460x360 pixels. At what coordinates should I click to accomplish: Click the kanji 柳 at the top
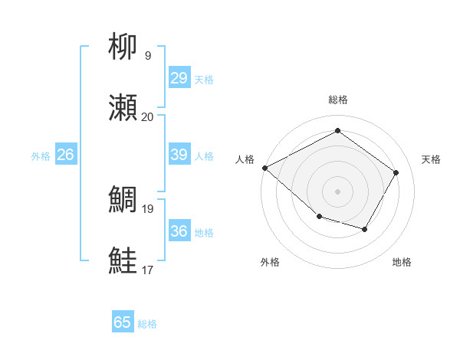[123, 47]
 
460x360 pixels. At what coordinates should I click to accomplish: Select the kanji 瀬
[123, 108]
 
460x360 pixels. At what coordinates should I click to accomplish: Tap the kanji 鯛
[123, 200]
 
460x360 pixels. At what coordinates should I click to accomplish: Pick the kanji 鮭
[123, 260]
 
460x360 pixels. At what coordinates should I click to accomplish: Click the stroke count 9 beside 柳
[147, 55]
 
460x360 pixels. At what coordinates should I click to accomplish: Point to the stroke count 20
[147, 116]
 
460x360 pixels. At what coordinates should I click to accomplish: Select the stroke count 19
[147, 208]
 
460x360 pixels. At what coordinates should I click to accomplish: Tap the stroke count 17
[147, 269]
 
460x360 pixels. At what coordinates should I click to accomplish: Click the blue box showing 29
[179, 78]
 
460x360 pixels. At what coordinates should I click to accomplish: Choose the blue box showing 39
[179, 155]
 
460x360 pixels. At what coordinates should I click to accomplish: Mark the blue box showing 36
[179, 231]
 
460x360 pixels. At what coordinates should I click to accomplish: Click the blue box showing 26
[65, 155]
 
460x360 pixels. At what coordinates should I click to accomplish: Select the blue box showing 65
[123, 322]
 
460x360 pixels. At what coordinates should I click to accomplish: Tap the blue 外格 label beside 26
[41, 156]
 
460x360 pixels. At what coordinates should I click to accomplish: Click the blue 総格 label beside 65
[147, 324]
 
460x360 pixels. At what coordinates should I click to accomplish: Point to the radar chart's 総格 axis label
[337, 100]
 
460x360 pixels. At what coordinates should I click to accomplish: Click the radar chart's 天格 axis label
[431, 159]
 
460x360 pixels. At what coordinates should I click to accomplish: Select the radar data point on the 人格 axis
[264, 168]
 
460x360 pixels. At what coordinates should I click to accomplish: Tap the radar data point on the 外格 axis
[319, 218]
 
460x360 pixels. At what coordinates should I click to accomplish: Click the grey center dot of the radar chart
[337, 191]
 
